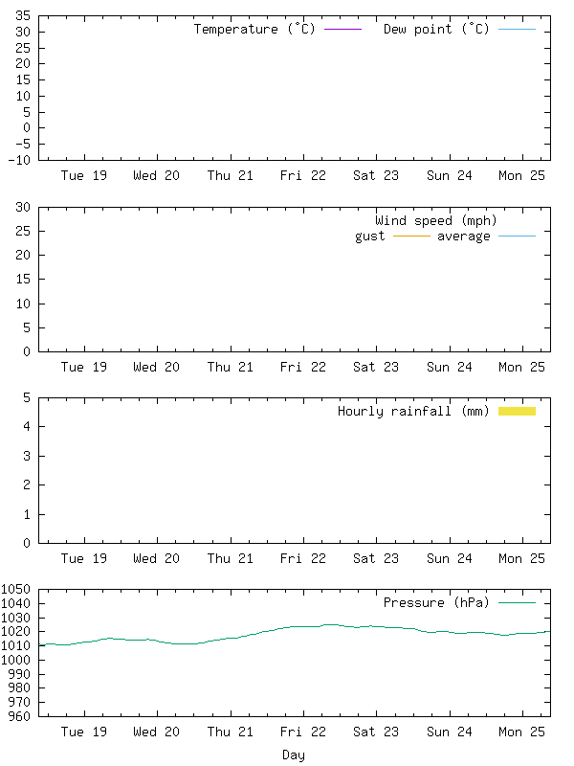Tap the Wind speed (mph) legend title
[436, 220]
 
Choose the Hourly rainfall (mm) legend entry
[413, 411]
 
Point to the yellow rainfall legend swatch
[517, 411]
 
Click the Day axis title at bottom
[294, 755]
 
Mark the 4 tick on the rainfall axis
[27, 426]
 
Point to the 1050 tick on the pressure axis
[16, 590]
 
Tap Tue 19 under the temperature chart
[84, 175]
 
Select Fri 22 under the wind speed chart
[303, 367]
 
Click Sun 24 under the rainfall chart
[450, 558]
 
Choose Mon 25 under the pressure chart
[522, 732]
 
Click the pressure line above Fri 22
[303, 626]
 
